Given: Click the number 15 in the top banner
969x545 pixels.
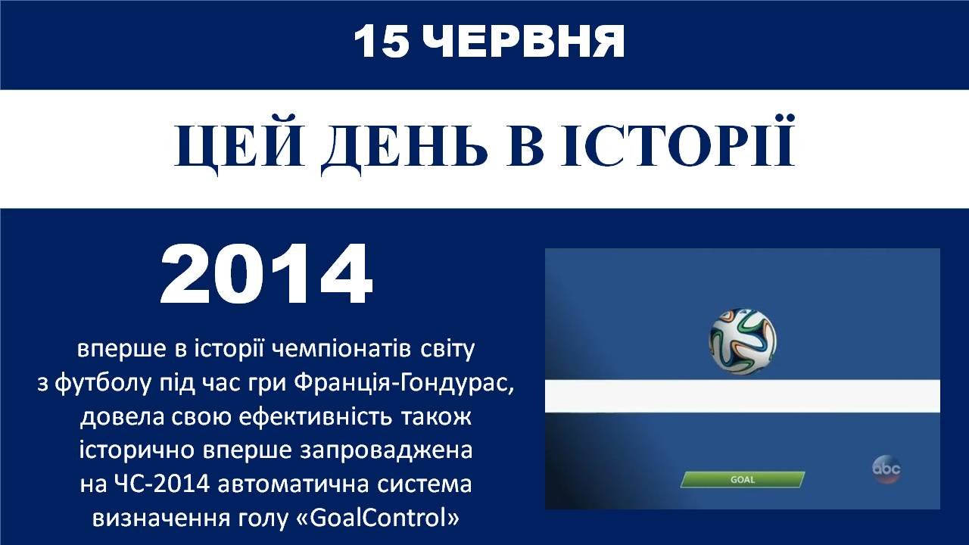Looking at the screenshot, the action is pos(381,41).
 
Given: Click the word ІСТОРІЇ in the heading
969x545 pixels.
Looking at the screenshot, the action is pos(678,141).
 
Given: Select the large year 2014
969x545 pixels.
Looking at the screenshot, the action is pos(266,274).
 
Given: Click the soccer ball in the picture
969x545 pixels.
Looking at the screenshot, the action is pos(743,341).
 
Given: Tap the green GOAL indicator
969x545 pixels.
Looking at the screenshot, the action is pos(743,480).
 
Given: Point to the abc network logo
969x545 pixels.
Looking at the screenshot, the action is pos(886,469).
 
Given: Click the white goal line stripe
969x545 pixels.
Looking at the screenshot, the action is pos(743,396).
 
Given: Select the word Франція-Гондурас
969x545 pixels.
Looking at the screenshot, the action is pos(403,383).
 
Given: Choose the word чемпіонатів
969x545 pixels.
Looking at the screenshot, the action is pos(341,350).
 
